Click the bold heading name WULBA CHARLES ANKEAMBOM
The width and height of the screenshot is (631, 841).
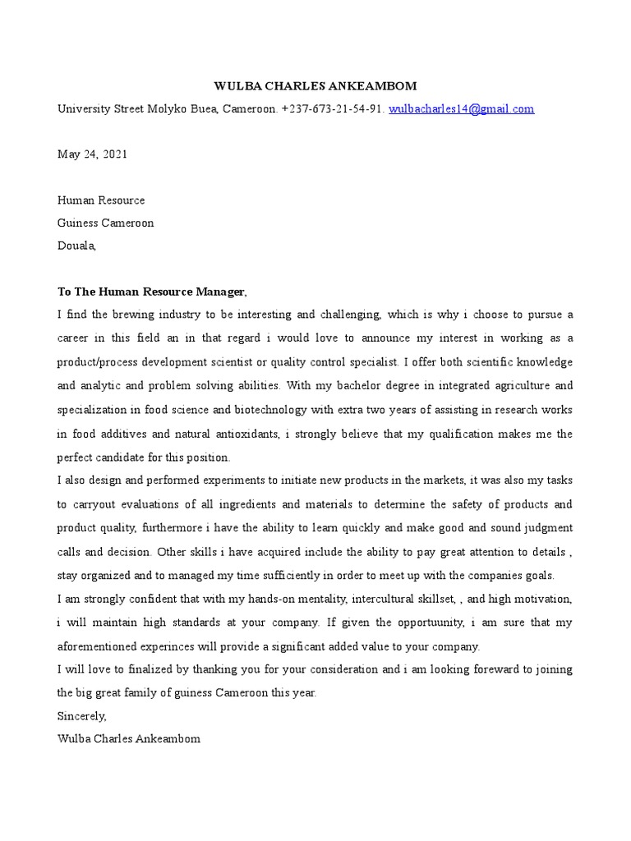point(315,85)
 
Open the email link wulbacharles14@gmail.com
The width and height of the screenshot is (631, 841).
point(461,108)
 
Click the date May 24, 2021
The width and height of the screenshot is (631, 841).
point(92,154)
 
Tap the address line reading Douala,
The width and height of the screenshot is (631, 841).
point(76,245)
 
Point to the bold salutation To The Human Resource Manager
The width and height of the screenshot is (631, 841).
point(151,292)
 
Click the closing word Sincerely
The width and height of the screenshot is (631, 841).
point(81,716)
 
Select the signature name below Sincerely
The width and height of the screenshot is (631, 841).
point(128,739)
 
